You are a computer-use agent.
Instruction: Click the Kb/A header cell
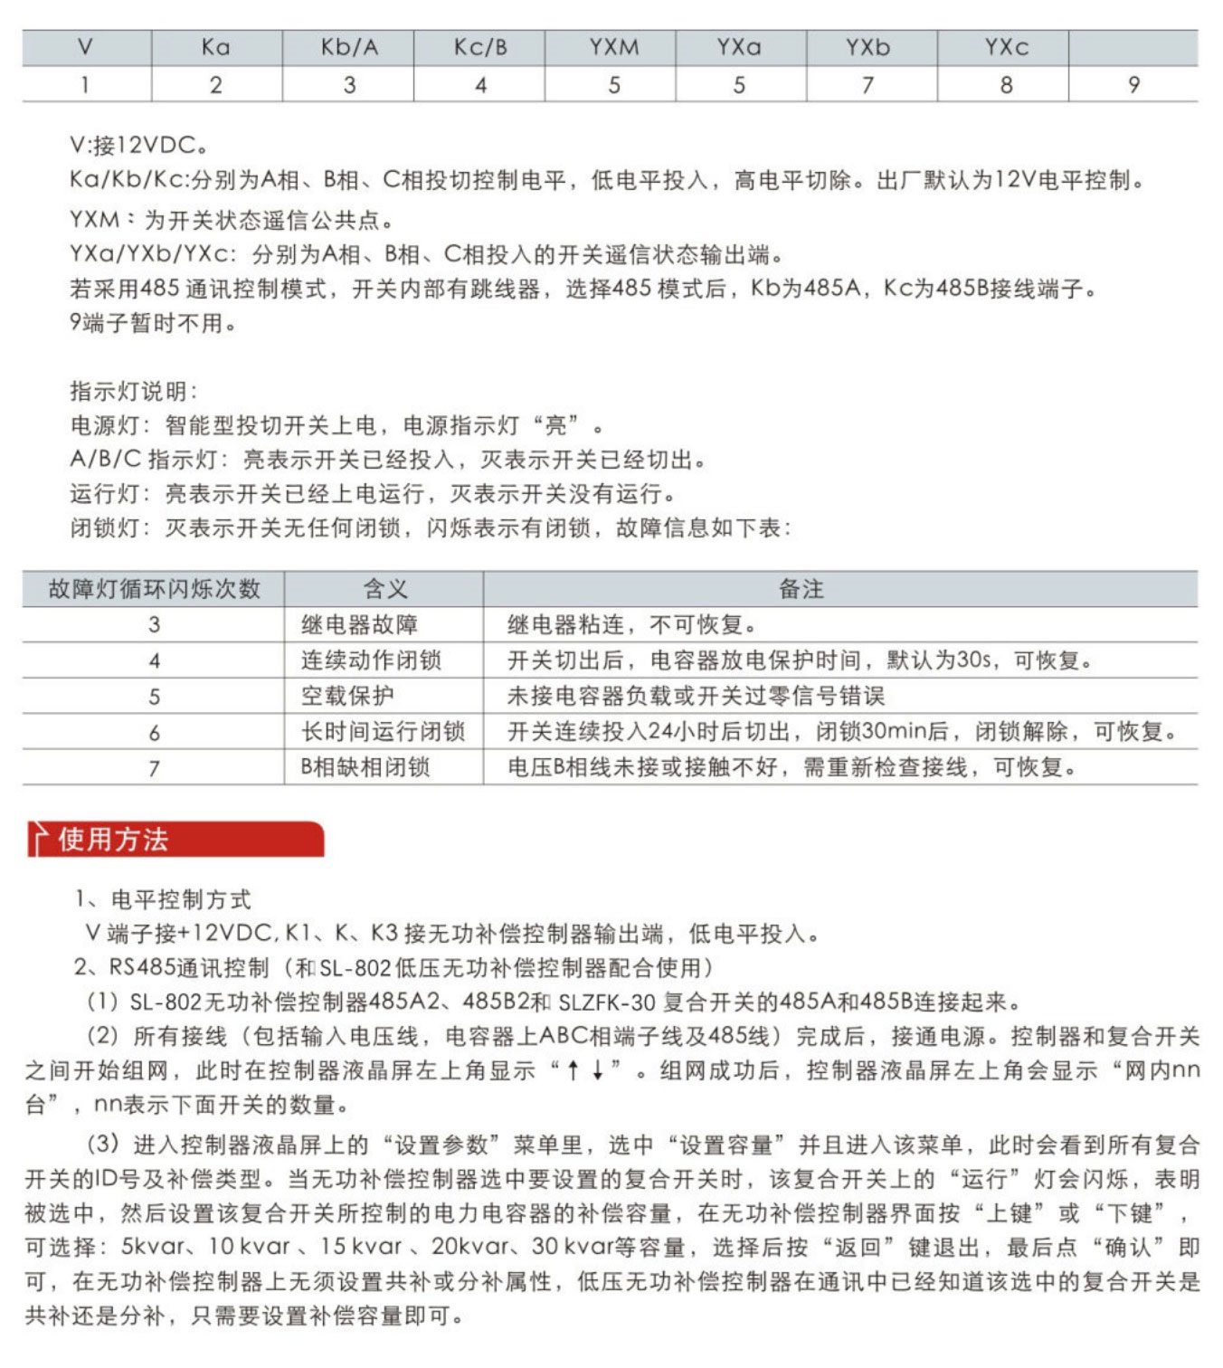(349, 47)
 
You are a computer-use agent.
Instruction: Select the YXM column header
(613, 47)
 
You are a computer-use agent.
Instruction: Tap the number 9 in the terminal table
(1133, 85)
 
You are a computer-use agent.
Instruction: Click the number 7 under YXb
(867, 85)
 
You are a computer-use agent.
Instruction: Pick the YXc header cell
(1006, 47)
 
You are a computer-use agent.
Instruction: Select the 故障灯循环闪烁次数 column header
(154, 589)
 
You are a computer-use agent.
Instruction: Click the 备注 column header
(801, 589)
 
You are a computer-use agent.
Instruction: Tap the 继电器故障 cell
(359, 624)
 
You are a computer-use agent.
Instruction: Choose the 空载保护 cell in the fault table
(347, 696)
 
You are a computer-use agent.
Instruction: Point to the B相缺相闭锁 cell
(365, 767)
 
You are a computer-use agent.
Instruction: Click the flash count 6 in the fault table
(154, 732)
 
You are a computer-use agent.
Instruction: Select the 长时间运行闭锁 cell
(383, 731)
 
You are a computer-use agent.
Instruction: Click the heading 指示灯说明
(134, 391)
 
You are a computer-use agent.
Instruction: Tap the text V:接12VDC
(139, 145)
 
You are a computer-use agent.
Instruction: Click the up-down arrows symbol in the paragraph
(585, 1070)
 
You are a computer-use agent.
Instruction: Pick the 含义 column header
(385, 589)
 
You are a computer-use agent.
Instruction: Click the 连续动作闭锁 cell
(371, 660)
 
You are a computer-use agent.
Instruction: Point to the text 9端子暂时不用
(153, 323)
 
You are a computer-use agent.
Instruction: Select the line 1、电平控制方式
(163, 899)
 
